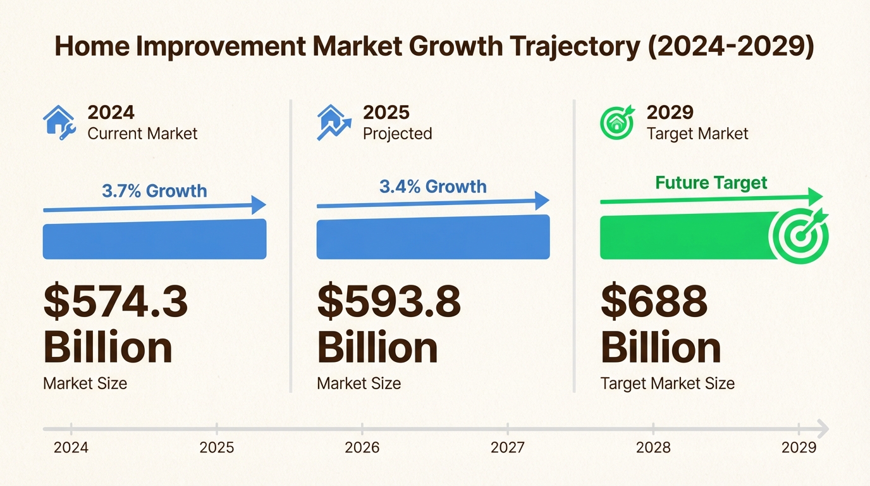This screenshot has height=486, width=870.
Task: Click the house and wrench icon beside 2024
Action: click(x=59, y=122)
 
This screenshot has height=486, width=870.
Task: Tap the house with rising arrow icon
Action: click(x=333, y=122)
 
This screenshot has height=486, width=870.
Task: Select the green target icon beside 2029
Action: click(x=616, y=122)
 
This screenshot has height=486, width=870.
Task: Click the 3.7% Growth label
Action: click(x=154, y=190)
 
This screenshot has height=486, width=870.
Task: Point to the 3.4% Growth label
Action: click(x=433, y=187)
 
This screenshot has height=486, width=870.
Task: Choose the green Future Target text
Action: click(x=711, y=183)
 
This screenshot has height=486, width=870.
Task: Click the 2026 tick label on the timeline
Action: click(x=362, y=448)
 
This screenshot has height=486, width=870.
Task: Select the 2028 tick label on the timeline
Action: click(x=653, y=448)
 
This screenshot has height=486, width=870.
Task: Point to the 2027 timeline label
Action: click(x=508, y=448)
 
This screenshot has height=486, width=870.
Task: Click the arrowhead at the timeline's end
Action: click(x=822, y=429)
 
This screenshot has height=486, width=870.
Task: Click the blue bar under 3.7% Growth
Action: click(x=154, y=240)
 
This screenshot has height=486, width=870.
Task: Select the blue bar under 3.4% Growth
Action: click(x=433, y=238)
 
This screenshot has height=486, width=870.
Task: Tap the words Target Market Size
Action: click(x=668, y=383)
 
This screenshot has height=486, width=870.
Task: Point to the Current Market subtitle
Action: click(x=142, y=134)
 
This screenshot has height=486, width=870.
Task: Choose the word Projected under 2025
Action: click(x=398, y=134)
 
